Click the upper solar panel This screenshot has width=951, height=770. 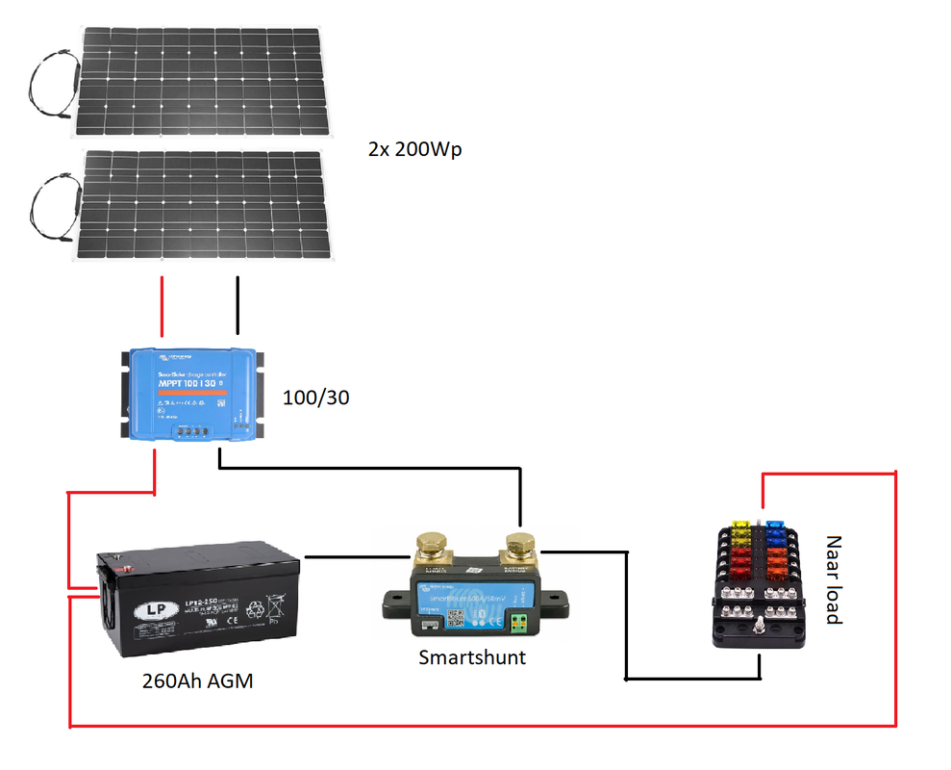(x=202, y=82)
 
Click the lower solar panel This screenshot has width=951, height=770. (x=202, y=204)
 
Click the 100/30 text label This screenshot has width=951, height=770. (x=315, y=396)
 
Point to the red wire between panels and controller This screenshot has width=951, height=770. (x=162, y=308)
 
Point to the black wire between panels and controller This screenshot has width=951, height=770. (x=238, y=306)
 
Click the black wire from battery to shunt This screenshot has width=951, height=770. (x=351, y=556)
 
